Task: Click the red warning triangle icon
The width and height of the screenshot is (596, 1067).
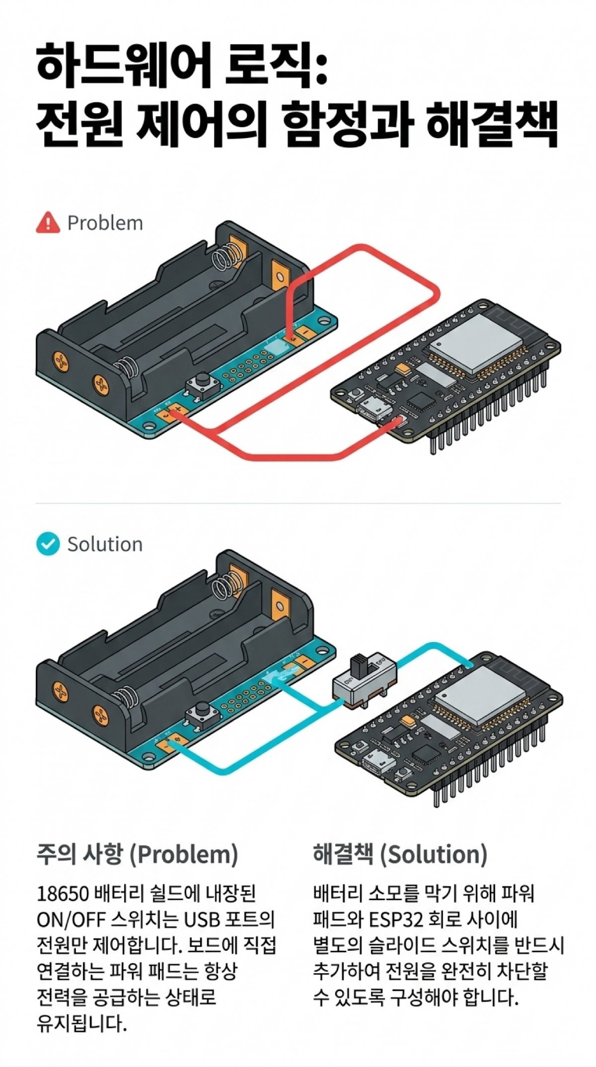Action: click(48, 222)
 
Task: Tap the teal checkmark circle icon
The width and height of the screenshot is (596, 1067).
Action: click(48, 544)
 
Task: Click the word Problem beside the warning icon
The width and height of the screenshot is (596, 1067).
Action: click(105, 223)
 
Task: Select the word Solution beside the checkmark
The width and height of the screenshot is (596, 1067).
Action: click(105, 544)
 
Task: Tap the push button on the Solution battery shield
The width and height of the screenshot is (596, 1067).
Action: click(203, 713)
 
